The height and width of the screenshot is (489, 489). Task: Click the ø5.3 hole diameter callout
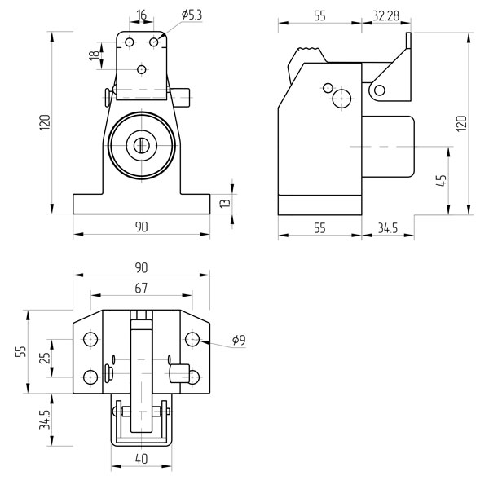[x=192, y=15]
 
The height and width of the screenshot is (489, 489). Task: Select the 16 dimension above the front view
[x=141, y=15]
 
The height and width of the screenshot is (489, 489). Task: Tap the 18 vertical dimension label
[x=95, y=55]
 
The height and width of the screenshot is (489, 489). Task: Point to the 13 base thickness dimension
[x=225, y=203]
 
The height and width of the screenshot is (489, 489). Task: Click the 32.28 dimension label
[x=386, y=16]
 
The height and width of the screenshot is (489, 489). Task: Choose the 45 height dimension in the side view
[x=441, y=181]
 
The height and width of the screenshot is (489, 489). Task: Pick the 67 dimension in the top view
[x=141, y=289]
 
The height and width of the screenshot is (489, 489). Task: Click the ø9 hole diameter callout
[x=239, y=340]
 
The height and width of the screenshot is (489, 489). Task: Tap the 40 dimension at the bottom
[x=141, y=459]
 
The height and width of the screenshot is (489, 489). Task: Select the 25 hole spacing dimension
[x=45, y=358]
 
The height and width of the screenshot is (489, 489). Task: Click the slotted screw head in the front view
[x=141, y=145]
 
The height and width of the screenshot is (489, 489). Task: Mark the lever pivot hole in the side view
[x=379, y=90]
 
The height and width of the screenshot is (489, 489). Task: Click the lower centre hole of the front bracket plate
[x=142, y=69]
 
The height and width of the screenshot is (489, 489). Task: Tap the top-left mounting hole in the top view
[x=90, y=339]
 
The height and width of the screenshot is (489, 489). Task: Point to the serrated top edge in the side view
[x=309, y=49]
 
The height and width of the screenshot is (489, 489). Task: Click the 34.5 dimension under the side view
[x=388, y=228]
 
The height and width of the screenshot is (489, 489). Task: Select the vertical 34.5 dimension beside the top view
[x=45, y=420]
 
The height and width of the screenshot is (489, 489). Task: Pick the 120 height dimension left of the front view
[x=45, y=122]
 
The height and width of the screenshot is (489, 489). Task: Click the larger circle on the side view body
[x=341, y=99]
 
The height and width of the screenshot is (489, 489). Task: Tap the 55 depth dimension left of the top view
[x=21, y=351]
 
